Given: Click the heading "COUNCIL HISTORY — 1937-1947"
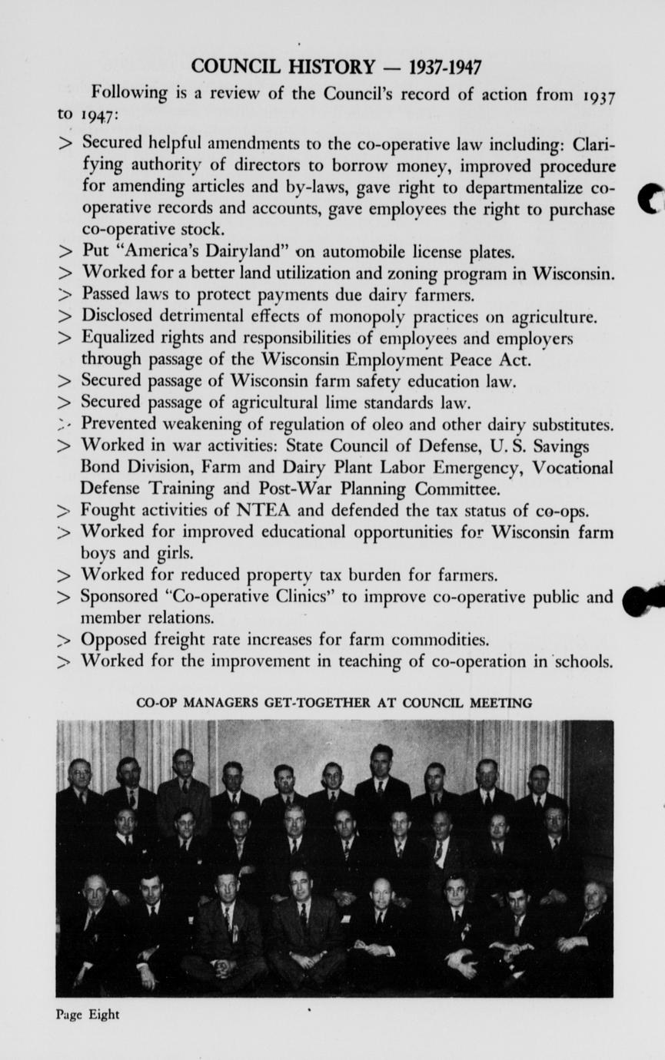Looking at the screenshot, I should point(336,67).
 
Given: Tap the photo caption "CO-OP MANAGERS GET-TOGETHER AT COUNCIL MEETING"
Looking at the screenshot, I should point(334,702).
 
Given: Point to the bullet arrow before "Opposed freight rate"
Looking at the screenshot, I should point(65,640).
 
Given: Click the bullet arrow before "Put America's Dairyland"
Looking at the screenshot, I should point(65,252).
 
